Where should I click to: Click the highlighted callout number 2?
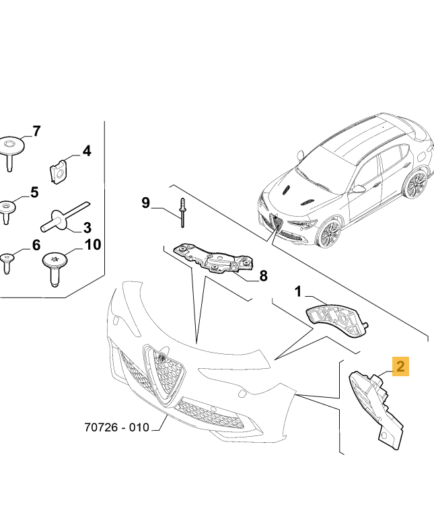point(400,367)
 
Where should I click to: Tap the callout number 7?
point(36,131)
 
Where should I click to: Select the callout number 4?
point(86,151)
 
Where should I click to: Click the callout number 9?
point(146,202)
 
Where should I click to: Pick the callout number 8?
point(263,275)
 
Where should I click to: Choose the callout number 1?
point(299,291)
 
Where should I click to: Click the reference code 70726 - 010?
point(116,427)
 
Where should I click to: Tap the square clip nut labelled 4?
point(61,172)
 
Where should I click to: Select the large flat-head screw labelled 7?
point(11,149)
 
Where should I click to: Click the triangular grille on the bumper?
point(165,374)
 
